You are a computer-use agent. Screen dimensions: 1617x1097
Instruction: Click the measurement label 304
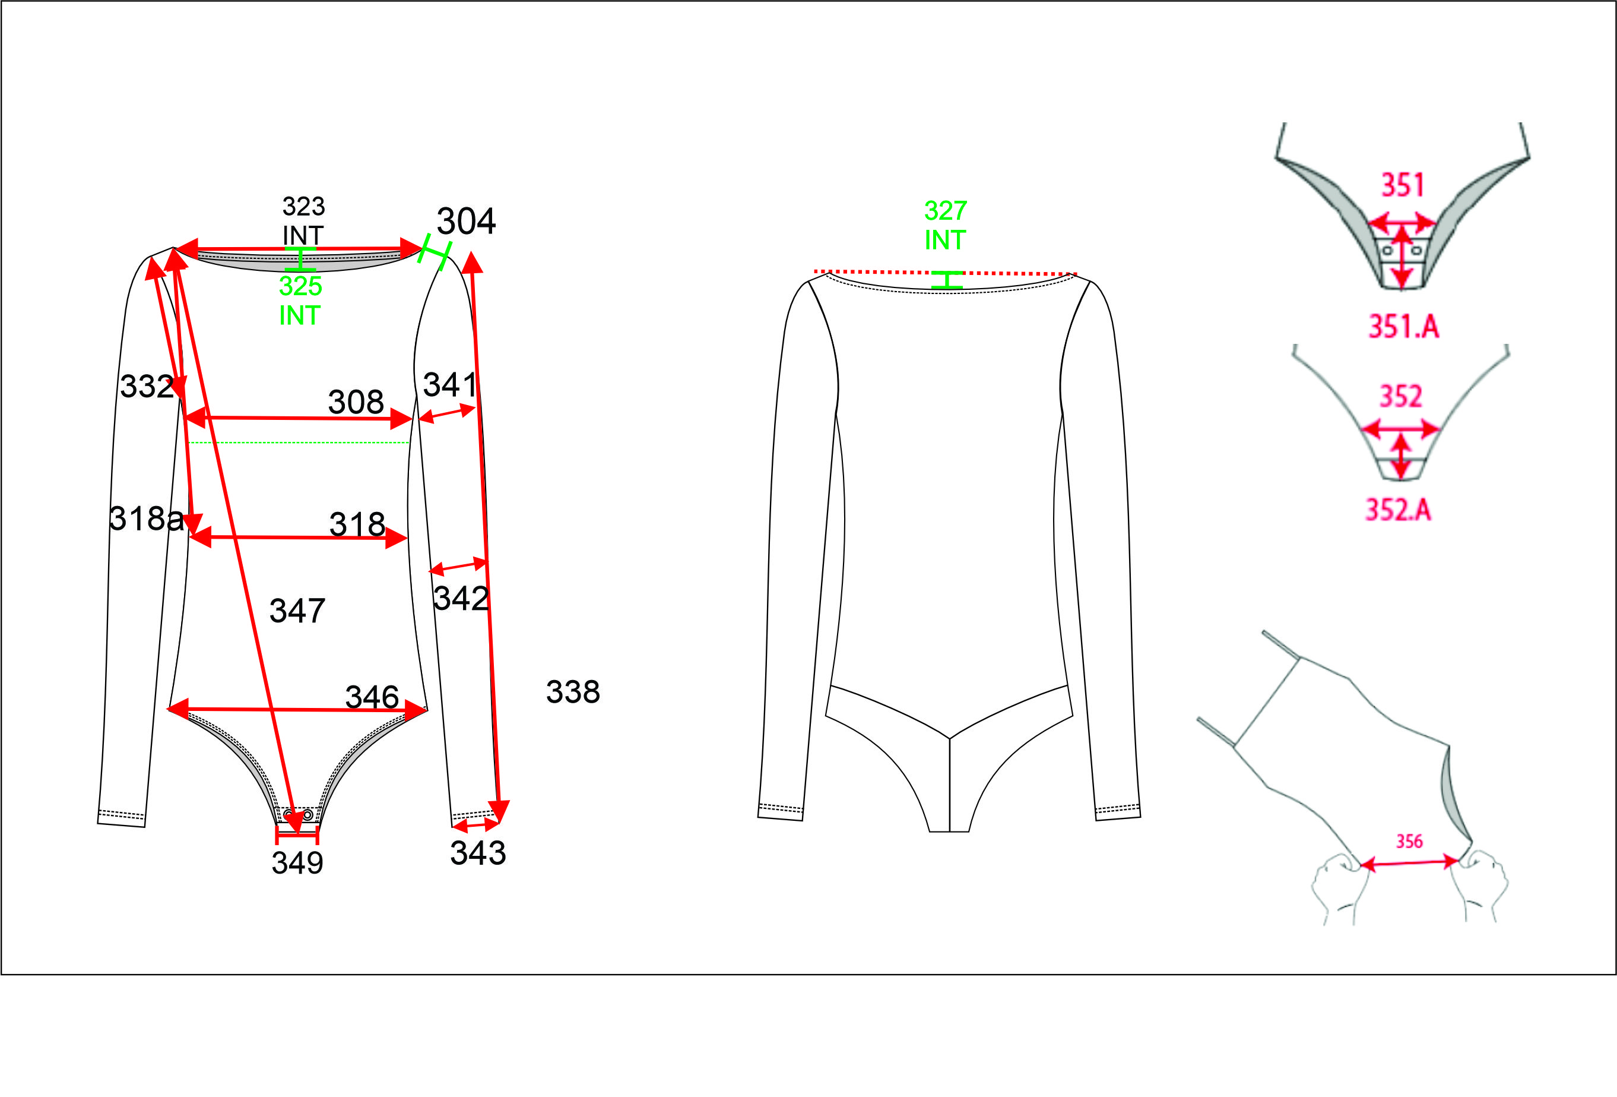pyautogui.click(x=465, y=222)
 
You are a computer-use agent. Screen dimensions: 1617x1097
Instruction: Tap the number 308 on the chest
pyautogui.click(x=356, y=402)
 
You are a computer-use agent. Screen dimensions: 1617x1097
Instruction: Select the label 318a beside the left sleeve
pyautogui.click(x=147, y=519)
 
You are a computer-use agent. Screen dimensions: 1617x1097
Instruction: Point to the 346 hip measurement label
pyautogui.click(x=372, y=697)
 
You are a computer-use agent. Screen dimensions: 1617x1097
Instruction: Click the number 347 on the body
pyautogui.click(x=297, y=611)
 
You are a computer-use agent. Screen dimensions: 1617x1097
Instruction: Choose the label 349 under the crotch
pyautogui.click(x=297, y=863)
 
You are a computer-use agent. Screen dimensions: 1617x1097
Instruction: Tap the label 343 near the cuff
pyautogui.click(x=478, y=853)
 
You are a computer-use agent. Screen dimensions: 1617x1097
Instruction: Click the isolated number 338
pyautogui.click(x=573, y=692)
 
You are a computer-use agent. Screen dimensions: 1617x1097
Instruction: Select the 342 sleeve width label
pyautogui.click(x=461, y=598)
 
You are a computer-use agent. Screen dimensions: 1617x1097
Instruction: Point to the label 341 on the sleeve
pyautogui.click(x=449, y=384)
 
